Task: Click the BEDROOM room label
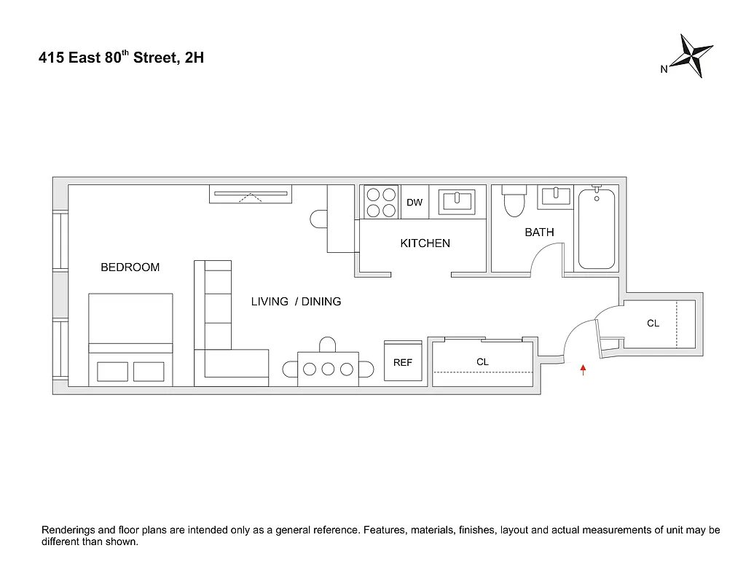tap(130, 267)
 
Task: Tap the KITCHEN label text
tap(425, 243)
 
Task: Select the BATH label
tap(539, 232)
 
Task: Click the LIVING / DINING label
tap(296, 302)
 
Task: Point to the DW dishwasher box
tap(415, 203)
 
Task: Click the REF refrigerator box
tap(403, 361)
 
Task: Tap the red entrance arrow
tap(583, 370)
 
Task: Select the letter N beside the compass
tap(664, 70)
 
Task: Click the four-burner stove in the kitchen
tap(381, 202)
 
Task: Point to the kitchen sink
tap(457, 200)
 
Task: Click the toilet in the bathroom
tap(514, 201)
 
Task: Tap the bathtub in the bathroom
tap(597, 228)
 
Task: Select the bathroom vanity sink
tap(556, 196)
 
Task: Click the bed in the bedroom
tap(130, 339)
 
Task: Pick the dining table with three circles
tap(328, 369)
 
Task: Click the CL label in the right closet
tap(653, 323)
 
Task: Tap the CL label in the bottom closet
tap(482, 361)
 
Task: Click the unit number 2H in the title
tap(194, 58)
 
